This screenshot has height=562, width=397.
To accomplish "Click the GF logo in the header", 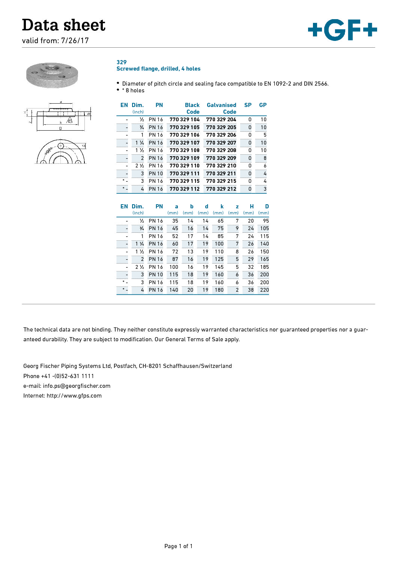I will point(342,30).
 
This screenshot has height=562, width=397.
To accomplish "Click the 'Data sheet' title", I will point(64,25).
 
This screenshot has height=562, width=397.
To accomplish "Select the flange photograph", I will point(52,75).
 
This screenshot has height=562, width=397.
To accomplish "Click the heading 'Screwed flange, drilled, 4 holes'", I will point(158,69).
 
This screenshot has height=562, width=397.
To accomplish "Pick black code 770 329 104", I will point(184,119).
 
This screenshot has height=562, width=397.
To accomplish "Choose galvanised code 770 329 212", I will point(221,189).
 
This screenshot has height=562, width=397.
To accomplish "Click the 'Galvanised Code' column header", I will point(221,108).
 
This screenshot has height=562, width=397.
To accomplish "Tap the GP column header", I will point(263,105).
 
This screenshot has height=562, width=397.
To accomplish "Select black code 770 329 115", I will point(184,181).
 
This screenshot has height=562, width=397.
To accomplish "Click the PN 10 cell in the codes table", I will point(156,173).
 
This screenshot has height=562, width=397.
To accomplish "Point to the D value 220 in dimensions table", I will point(264,290).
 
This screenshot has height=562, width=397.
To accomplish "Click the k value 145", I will point(219,267).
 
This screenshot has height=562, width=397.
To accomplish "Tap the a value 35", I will point(175,221).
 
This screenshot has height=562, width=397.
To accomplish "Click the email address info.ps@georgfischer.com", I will point(77,386).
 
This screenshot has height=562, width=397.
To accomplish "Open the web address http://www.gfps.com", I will point(74,396).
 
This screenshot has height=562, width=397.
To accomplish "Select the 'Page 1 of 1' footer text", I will point(178,546).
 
